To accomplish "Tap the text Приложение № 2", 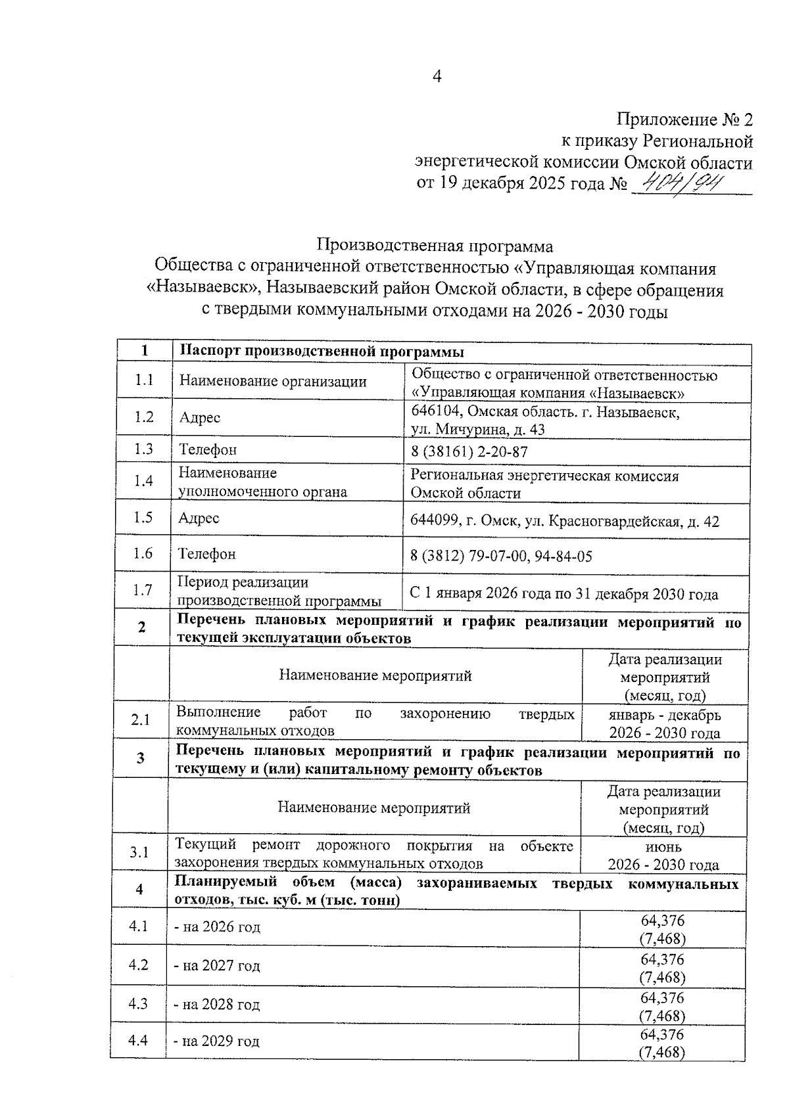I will pyautogui.click(x=684, y=120).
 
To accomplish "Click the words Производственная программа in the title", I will pyautogui.click(x=435, y=246).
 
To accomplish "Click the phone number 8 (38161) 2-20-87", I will pyautogui.click(x=469, y=452).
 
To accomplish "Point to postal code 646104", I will pyautogui.click(x=435, y=413).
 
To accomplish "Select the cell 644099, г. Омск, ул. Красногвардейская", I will pyautogui.click(x=564, y=522).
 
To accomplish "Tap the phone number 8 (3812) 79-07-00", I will pyautogui.click(x=469, y=557).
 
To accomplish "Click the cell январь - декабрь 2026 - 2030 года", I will pyautogui.click(x=664, y=723).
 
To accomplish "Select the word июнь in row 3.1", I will pyautogui.click(x=663, y=847).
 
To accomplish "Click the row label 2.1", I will pyautogui.click(x=140, y=719).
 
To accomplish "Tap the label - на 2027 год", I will pyautogui.click(x=217, y=966).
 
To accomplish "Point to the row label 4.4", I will pyautogui.click(x=138, y=1040).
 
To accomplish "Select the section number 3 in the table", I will pyautogui.click(x=141, y=758).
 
